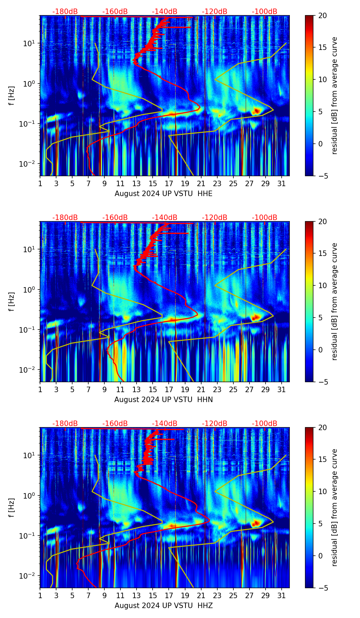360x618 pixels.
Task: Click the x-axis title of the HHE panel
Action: coord(163,194)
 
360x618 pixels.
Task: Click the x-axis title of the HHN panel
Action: coord(163,400)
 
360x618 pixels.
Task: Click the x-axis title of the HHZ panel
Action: coord(163,606)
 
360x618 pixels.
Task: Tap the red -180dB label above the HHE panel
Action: coord(65,12)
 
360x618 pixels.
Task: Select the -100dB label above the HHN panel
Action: coord(265,218)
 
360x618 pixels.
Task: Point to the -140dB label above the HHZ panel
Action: coord(165,424)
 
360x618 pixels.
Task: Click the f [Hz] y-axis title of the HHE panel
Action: coord(12,95)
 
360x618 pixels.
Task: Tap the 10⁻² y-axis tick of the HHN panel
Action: coord(28,370)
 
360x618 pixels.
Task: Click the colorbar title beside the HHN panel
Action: coord(335,301)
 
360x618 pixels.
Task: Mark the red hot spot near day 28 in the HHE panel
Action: coord(256,111)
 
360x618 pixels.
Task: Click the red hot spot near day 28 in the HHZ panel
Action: coord(256,523)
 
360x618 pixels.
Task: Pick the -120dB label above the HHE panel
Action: coord(215,12)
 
